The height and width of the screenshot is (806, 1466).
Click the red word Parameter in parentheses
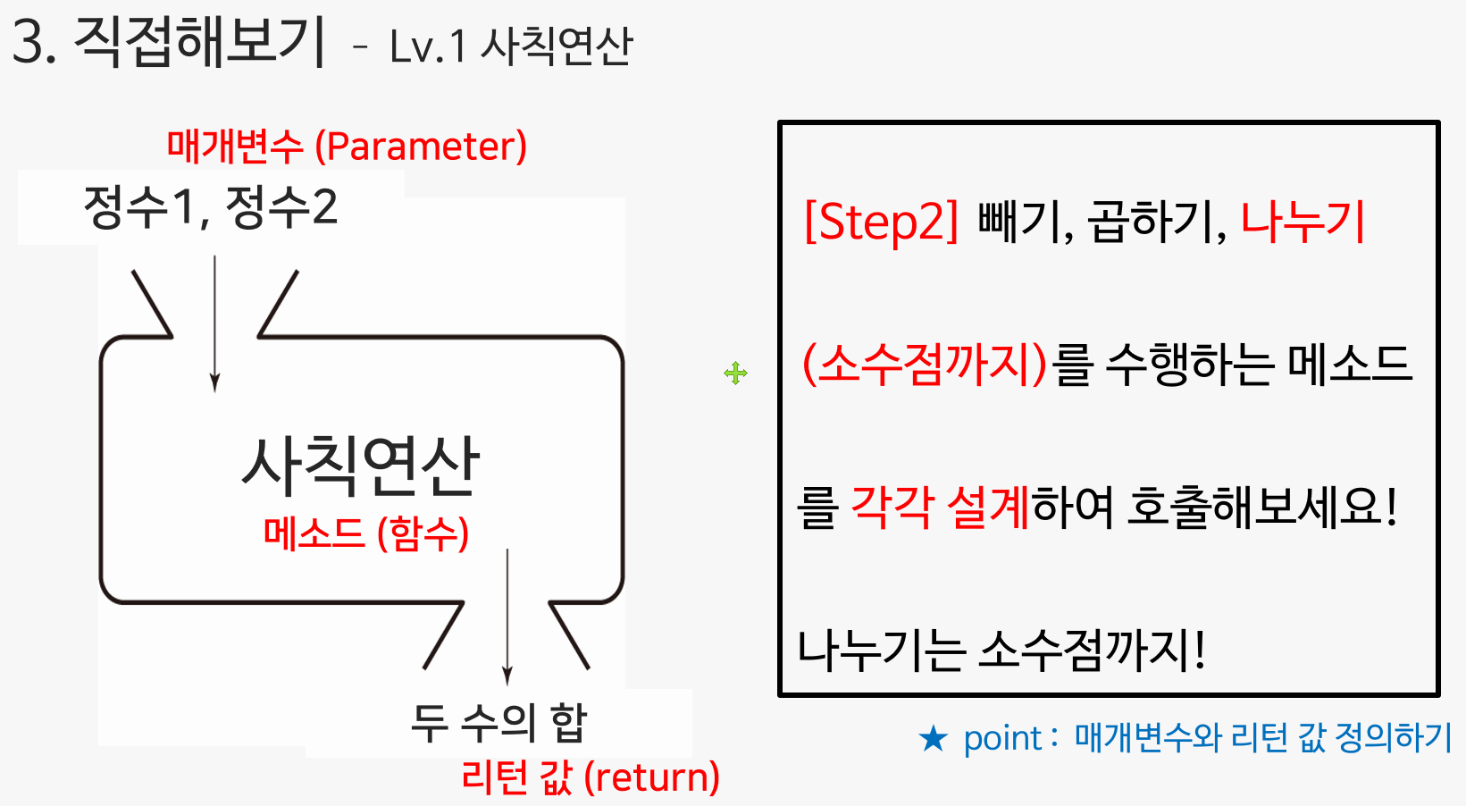pyautogui.click(x=421, y=147)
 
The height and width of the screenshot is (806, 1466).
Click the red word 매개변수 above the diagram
pyautogui.click(x=235, y=147)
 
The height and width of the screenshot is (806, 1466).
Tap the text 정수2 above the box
pyautogui.click(x=281, y=207)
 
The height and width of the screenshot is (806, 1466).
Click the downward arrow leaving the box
pyautogui.click(x=507, y=617)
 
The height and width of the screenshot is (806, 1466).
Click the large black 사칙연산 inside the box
pyautogui.click(x=361, y=466)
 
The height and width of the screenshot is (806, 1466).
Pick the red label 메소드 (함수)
pyautogui.click(x=365, y=534)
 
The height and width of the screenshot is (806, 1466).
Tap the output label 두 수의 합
pyautogui.click(x=498, y=722)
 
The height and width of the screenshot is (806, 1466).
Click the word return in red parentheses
pyautogui.click(x=652, y=777)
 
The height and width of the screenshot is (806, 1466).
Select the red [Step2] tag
pyautogui.click(x=881, y=222)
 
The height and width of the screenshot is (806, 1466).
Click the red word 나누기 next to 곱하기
pyautogui.click(x=1303, y=222)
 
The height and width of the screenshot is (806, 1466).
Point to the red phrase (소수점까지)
pyautogui.click(x=925, y=365)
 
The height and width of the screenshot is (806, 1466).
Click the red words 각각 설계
pyautogui.click(x=941, y=508)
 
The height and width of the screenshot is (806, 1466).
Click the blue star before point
pyautogui.click(x=934, y=739)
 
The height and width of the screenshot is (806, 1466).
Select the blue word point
pyautogui.click(x=1002, y=739)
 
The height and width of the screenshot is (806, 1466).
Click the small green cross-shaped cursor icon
pyautogui.click(x=735, y=373)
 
